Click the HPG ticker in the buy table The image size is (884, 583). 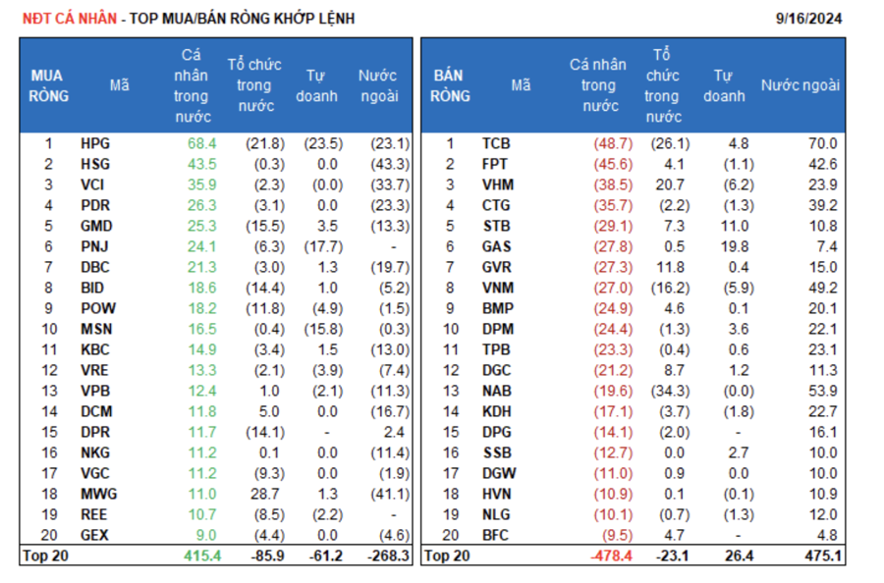95,143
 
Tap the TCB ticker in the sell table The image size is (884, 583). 496,143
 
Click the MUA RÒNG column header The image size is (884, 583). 48,85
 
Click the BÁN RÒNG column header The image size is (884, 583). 450,85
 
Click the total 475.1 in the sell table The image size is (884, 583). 820,556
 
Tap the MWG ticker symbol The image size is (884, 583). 97,494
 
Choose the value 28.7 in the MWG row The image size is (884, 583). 268,494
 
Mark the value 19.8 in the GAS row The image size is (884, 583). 733,246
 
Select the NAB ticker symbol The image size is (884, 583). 496,391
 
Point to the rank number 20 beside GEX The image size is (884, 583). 48,535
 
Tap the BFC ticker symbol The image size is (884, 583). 496,535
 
